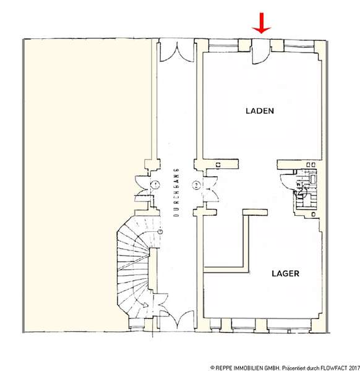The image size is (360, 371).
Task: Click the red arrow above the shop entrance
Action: (261, 23)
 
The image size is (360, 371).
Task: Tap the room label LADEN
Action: (260, 111)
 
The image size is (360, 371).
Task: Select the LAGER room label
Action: (285, 273)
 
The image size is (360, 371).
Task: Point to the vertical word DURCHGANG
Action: (176, 192)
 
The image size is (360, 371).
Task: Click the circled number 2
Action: (196, 185)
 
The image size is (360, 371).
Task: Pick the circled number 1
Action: (155, 184)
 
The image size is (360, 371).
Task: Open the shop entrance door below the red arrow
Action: (260, 52)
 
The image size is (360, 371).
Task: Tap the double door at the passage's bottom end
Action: (177, 320)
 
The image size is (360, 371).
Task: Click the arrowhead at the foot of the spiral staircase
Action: (145, 305)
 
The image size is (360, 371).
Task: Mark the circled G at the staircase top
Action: (160, 231)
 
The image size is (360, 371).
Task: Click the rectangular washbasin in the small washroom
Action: (312, 179)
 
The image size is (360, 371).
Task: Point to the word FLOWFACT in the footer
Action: (333, 368)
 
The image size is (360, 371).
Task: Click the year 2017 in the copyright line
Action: (353, 368)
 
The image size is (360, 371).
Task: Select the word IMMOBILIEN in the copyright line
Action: (248, 368)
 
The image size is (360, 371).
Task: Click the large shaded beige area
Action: (88, 184)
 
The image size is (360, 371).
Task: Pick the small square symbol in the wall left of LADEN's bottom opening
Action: (218, 164)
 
